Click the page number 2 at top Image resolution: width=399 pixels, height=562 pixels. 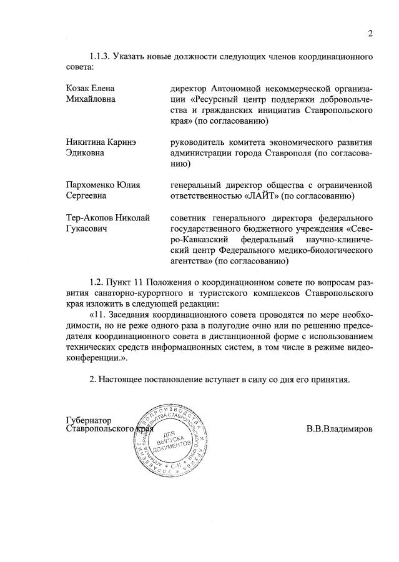coord(370,34)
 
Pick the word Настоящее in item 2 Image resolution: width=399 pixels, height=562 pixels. coord(125,380)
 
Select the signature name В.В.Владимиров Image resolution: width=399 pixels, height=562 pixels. coord(340,430)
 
